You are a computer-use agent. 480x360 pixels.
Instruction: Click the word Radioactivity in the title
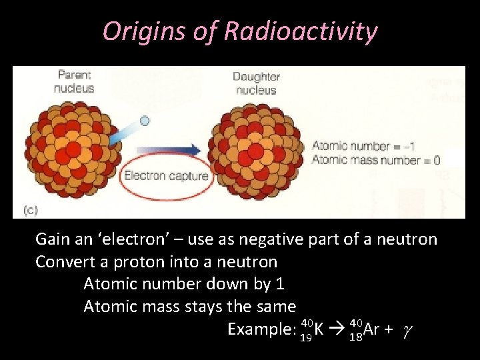tap(301, 31)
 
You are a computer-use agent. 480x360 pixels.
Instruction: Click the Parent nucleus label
tap(74, 81)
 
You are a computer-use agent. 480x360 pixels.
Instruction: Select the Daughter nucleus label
tap(257, 83)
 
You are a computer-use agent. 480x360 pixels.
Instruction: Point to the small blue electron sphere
tap(144, 121)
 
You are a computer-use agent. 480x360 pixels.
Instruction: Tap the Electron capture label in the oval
tap(167, 177)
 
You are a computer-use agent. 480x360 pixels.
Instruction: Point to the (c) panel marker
tap(31, 209)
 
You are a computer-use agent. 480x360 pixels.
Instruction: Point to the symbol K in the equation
tap(319, 329)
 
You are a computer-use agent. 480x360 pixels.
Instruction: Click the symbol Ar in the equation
tap(371, 329)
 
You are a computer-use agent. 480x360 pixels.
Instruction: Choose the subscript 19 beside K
tap(306, 337)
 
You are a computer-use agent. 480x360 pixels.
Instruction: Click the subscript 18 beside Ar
tap(355, 337)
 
